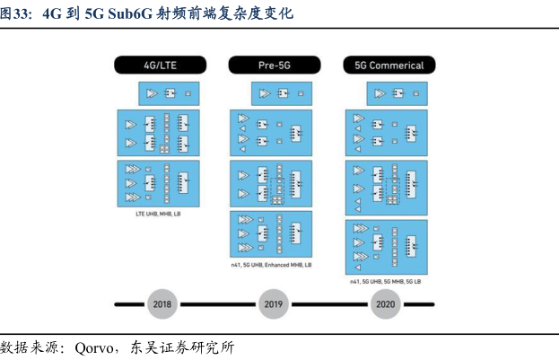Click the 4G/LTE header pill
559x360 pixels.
coord(161,65)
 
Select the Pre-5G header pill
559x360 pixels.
coord(275,65)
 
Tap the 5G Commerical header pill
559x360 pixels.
coord(389,65)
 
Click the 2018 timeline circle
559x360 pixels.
coord(162,304)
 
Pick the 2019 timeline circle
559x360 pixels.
coord(274,304)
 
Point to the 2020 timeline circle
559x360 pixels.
coord(385,304)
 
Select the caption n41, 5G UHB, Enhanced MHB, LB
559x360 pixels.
coord(271,266)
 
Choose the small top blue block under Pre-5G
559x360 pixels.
coord(283,92)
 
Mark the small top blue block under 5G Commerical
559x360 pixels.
coord(397,92)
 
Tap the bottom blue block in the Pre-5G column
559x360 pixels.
coord(271,234)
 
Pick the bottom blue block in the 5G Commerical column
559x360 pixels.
coord(386,247)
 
